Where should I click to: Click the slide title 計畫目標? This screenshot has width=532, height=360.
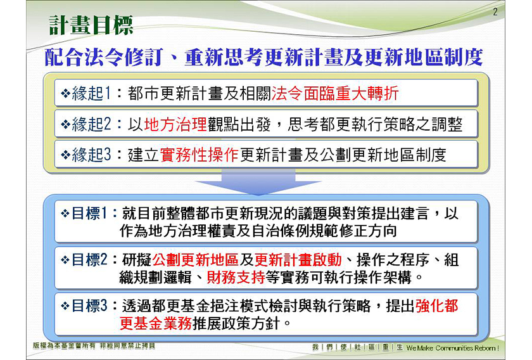coord(91,25)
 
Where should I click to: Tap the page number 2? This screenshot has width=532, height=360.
coord(495,12)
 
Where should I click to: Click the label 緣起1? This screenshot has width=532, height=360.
coord(91,93)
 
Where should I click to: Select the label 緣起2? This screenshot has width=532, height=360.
coord(91,124)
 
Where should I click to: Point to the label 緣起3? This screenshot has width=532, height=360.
coord(91,155)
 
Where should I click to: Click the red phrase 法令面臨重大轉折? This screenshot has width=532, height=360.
coord(335,93)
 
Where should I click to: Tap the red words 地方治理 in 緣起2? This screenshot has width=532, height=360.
coord(175,124)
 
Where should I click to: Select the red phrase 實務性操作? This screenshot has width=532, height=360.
coord(199,155)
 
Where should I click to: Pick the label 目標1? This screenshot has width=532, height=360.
coord(89,214)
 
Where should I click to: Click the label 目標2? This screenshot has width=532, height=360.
coord(89,260)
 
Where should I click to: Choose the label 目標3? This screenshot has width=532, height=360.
coord(89,305)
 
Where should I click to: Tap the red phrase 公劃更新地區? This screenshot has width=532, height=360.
coord(196,260)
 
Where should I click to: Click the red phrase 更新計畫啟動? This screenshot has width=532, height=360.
coord(298,260)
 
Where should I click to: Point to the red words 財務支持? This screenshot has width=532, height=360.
coord(236,278)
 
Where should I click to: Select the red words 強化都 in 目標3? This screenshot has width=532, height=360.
coord(437,305)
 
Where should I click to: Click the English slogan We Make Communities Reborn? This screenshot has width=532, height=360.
coord(453,348)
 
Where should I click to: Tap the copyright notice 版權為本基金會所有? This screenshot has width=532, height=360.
coord(64,345)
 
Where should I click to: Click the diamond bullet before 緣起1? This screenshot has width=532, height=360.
coord(65,93)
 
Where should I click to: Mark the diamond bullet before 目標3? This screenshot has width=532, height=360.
coord(65,306)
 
